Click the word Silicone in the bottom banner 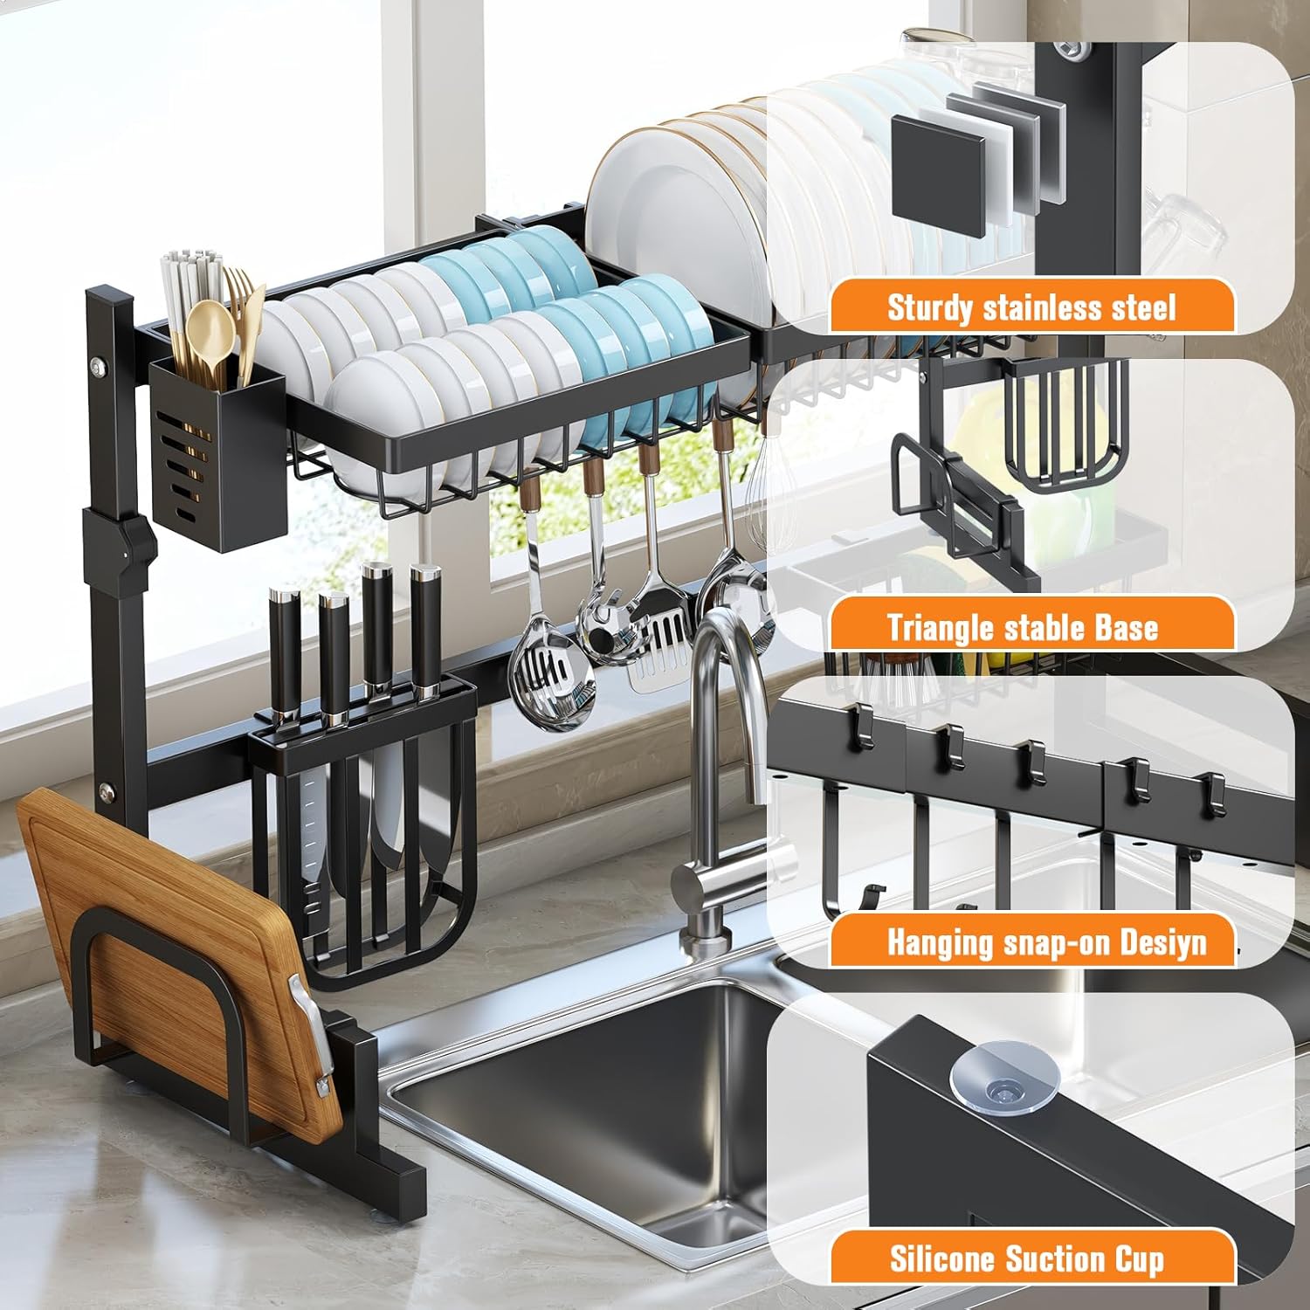(942, 1258)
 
